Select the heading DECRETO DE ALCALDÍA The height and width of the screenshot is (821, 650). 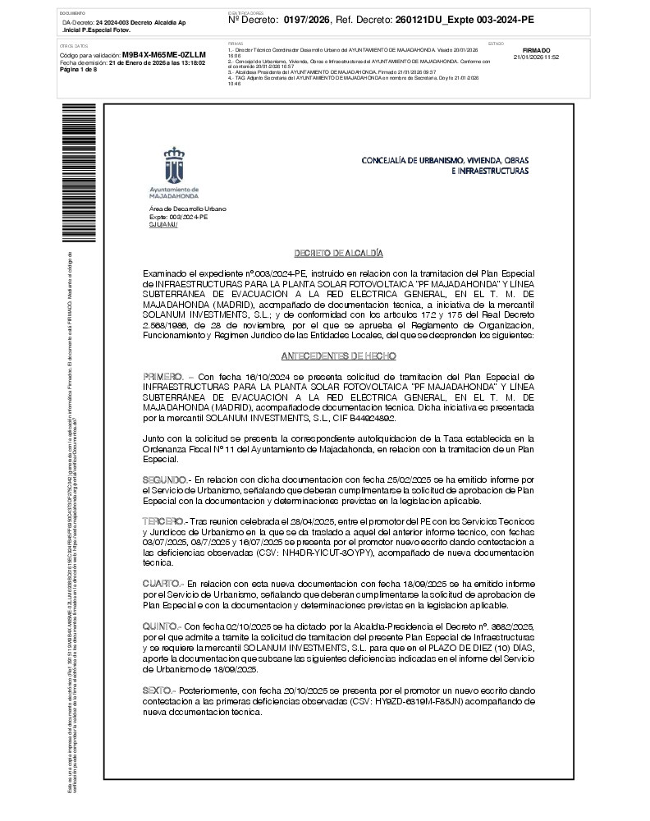pyautogui.click(x=338, y=254)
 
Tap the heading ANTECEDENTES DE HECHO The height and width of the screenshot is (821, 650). pyautogui.click(x=338, y=356)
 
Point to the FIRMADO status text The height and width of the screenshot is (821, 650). pyautogui.click(x=536, y=50)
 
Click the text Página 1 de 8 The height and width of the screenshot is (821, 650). pyautogui.click(x=79, y=70)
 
